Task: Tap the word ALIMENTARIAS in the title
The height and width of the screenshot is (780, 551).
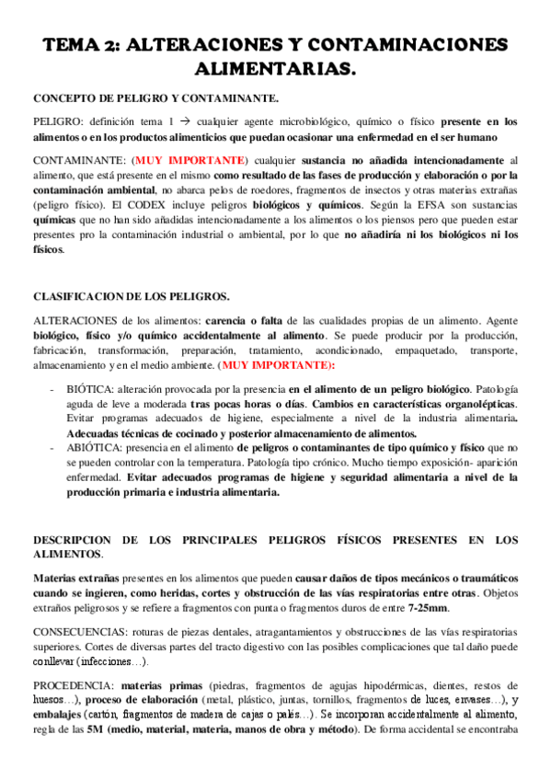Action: (x=275, y=69)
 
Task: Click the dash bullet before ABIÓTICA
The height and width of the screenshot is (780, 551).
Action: (x=52, y=447)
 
